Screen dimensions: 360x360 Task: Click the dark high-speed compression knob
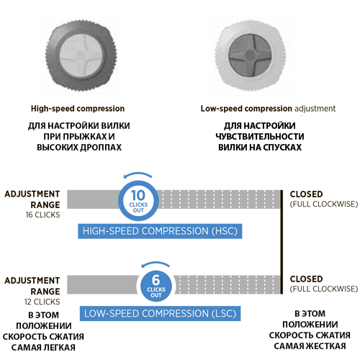tap(81, 55)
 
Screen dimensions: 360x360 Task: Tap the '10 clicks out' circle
tap(138, 201)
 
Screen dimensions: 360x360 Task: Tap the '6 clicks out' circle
tap(156, 286)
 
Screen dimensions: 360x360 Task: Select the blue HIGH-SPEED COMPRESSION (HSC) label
tap(160, 231)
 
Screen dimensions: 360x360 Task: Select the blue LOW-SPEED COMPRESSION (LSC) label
tap(160, 313)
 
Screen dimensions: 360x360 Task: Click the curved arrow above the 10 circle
tap(138, 174)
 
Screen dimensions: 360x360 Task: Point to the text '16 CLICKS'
tap(42, 215)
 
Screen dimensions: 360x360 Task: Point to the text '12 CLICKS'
tap(42, 302)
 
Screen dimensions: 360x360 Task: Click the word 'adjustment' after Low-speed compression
tap(315, 109)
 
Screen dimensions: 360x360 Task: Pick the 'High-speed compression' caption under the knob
tap(78, 109)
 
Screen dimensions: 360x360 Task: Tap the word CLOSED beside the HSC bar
tap(306, 194)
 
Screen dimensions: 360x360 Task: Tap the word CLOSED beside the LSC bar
tap(306, 279)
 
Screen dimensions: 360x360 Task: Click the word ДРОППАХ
tap(101, 148)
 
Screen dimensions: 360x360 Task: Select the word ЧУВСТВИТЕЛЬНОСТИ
tap(260, 137)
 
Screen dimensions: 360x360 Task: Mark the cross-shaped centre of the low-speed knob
tap(250, 55)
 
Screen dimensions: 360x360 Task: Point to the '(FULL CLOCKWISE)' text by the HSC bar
tap(324, 204)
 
